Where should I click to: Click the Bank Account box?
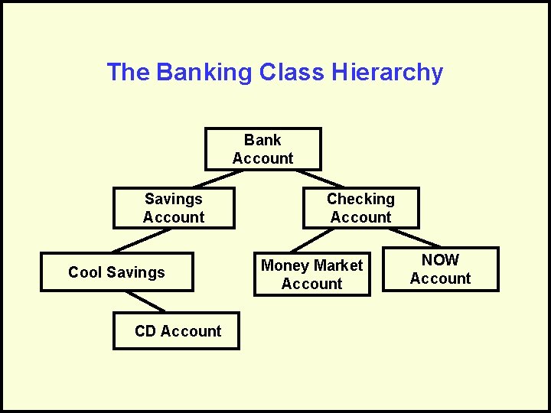(262, 149)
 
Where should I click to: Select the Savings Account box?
(174, 208)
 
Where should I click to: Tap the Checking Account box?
(360, 208)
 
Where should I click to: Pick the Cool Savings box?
(116, 272)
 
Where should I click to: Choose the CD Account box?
(177, 331)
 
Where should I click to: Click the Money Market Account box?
(311, 275)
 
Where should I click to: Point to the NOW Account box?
(440, 269)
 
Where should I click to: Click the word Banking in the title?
(204, 73)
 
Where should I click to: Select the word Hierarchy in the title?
(387, 73)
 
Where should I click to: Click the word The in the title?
(129, 73)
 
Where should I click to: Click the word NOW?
(441, 260)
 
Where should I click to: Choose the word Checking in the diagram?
(360, 199)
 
